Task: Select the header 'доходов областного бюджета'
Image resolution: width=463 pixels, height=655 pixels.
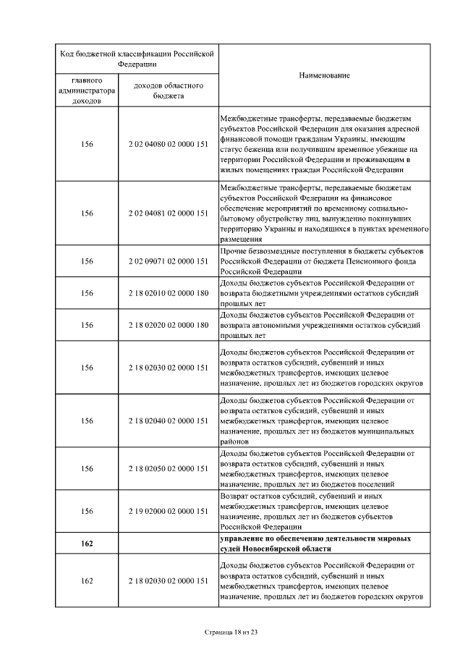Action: click(168, 90)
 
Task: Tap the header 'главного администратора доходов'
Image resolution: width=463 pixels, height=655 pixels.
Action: click(87, 90)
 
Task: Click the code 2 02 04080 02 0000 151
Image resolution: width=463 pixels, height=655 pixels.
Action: click(168, 144)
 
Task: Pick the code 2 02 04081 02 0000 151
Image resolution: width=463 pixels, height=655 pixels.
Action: click(168, 214)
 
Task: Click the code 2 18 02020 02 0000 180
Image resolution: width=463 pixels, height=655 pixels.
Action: click(168, 325)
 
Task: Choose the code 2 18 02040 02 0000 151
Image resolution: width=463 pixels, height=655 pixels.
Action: click(168, 421)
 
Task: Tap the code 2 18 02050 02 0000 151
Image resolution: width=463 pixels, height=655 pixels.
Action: click(168, 468)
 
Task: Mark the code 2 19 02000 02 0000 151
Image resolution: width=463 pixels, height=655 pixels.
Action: click(168, 511)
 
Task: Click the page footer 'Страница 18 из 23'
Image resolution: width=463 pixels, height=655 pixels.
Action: click(231, 632)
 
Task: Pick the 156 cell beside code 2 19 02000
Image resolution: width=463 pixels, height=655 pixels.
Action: click(87, 511)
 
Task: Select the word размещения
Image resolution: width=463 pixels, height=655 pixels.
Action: click(240, 239)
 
